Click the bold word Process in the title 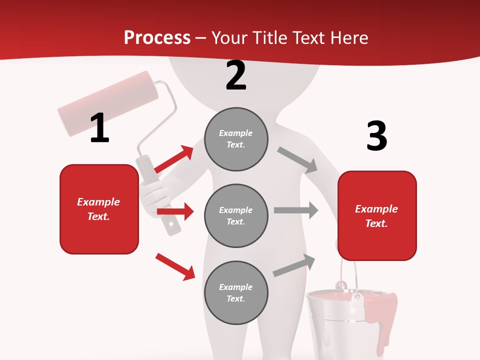point(157,38)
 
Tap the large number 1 point(99,128)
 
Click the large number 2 point(236,75)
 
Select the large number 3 point(377,136)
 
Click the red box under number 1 point(99,209)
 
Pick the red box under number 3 point(377,216)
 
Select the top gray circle point(236,139)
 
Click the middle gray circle point(236,215)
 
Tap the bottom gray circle point(236,292)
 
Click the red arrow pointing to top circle point(174,159)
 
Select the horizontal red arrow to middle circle point(175,211)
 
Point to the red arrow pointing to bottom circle point(175,266)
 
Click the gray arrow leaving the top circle point(297,159)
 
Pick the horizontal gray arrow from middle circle point(296,210)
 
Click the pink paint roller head point(107,103)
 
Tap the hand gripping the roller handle point(152,195)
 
